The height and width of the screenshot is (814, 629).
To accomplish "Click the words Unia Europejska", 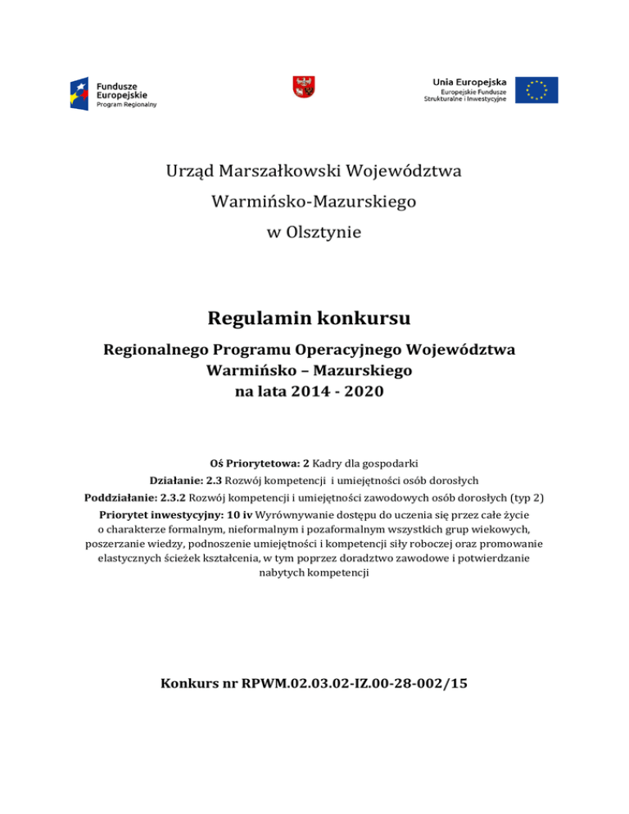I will coord(469,81).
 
